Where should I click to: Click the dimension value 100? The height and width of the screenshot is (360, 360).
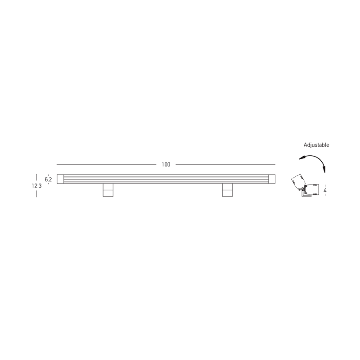[x=166, y=164]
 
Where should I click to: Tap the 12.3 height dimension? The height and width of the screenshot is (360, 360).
[x=37, y=186]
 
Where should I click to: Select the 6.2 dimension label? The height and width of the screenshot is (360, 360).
[x=48, y=179]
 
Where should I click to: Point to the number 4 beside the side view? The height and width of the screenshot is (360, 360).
[x=325, y=190]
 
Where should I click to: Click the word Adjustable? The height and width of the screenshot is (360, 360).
[x=316, y=145]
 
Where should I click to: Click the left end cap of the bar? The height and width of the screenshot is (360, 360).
[x=60, y=179]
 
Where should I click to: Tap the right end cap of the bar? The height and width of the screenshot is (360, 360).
[x=272, y=179]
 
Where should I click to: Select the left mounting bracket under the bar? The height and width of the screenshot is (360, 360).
[x=108, y=190]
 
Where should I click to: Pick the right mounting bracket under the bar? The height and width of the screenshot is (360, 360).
[x=228, y=190]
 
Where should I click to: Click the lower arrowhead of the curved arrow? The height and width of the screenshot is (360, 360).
[x=324, y=170]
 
